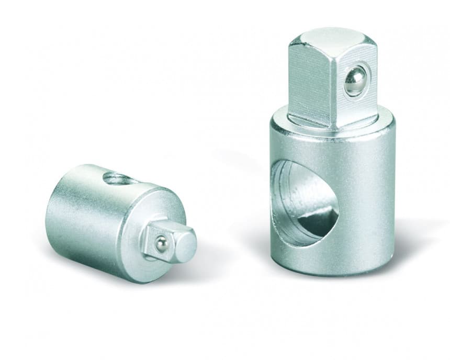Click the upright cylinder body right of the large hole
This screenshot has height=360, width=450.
366,199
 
